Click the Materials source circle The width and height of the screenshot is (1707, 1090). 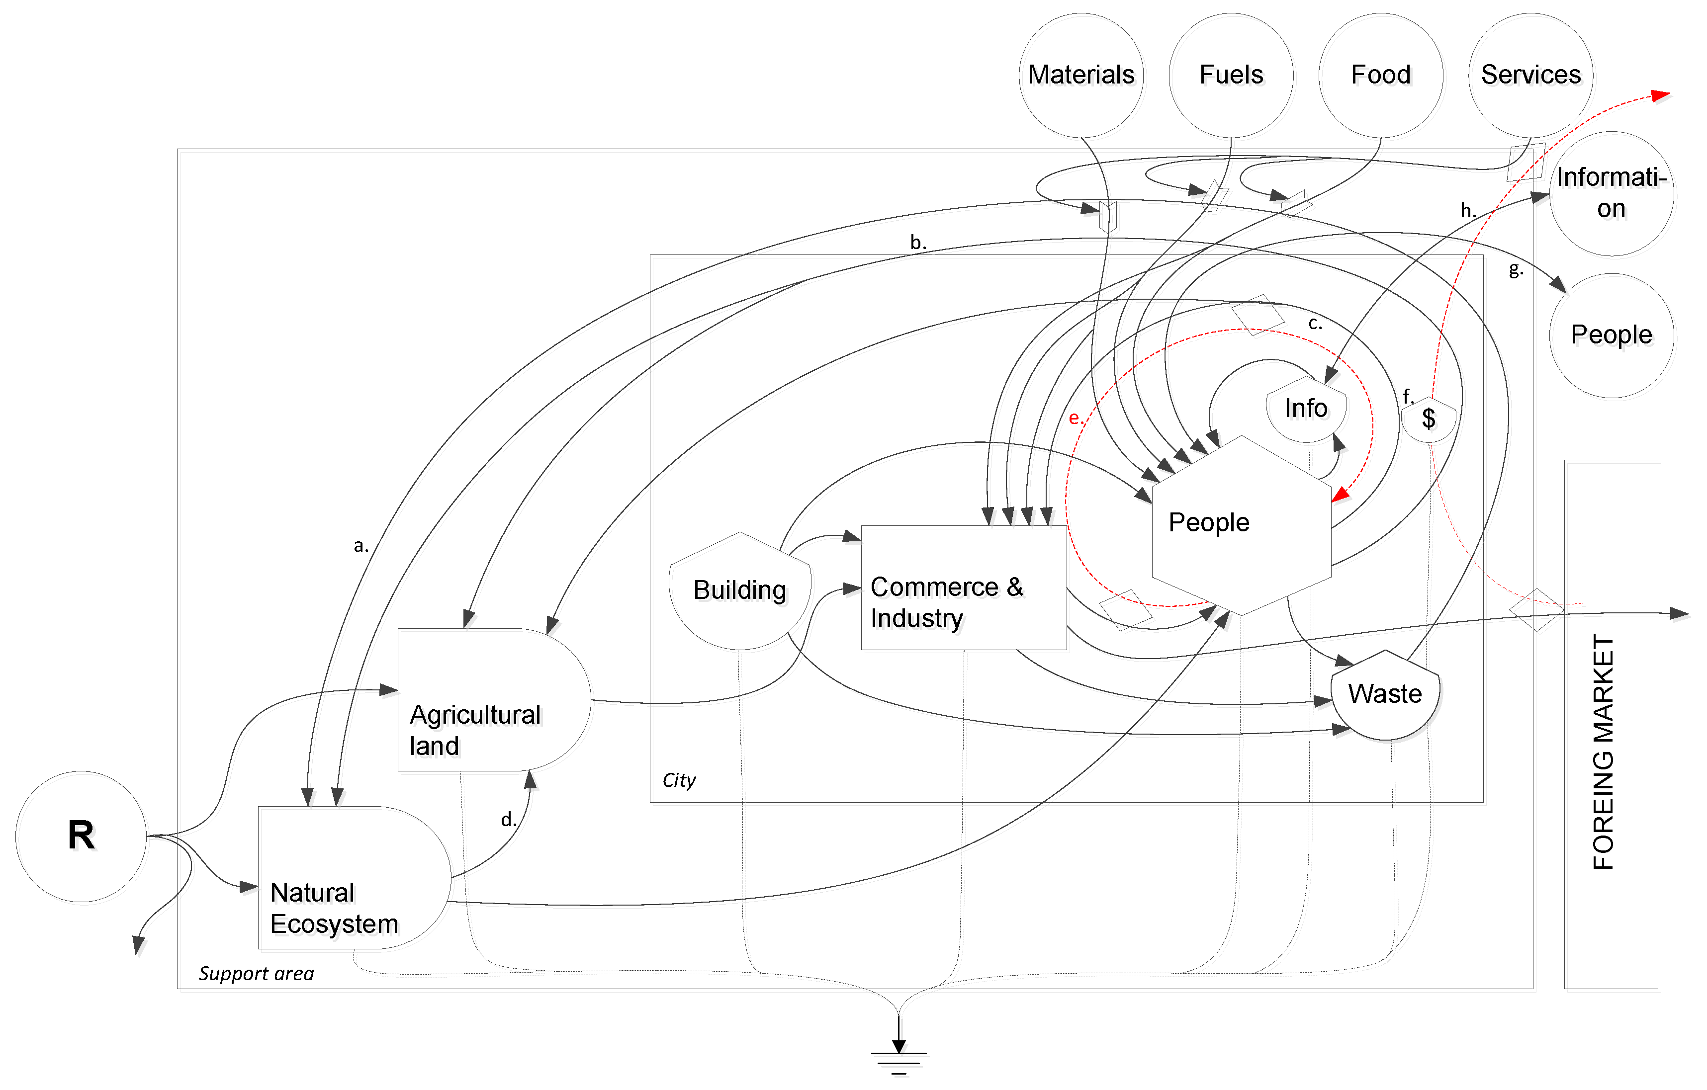[x=1080, y=75]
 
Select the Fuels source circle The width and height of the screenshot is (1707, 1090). [x=1231, y=75]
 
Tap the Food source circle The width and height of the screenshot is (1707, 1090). [x=1380, y=75]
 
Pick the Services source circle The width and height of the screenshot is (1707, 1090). [x=1530, y=75]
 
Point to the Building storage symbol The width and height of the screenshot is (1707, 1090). [x=739, y=590]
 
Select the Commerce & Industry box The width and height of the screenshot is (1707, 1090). [x=963, y=587]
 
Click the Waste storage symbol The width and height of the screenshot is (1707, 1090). [x=1384, y=694]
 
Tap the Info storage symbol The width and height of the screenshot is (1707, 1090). [x=1306, y=409]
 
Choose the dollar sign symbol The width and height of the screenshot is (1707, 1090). [x=1429, y=419]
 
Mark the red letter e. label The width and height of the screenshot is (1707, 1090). [x=1075, y=418]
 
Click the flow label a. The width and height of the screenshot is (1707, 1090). [x=361, y=546]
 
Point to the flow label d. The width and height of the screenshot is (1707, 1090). [x=508, y=820]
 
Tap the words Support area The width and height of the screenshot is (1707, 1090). [x=256, y=973]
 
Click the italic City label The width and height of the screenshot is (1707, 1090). [x=678, y=780]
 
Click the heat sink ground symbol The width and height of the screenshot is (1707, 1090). [x=898, y=1056]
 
